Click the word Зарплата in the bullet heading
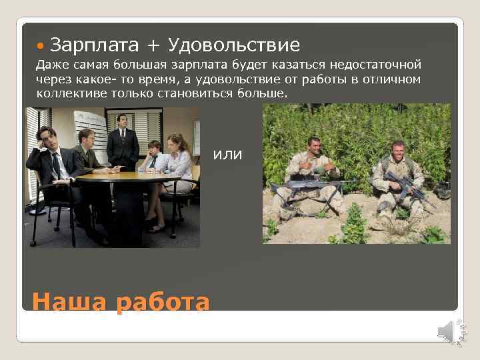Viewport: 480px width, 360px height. (94, 45)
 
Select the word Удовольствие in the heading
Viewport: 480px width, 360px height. (234, 45)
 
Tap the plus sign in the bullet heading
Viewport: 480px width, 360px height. (153, 46)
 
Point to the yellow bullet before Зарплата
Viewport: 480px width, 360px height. (42, 46)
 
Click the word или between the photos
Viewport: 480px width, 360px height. (228, 155)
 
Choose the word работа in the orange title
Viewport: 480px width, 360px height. (163, 302)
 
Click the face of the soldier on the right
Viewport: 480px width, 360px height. (398, 150)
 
